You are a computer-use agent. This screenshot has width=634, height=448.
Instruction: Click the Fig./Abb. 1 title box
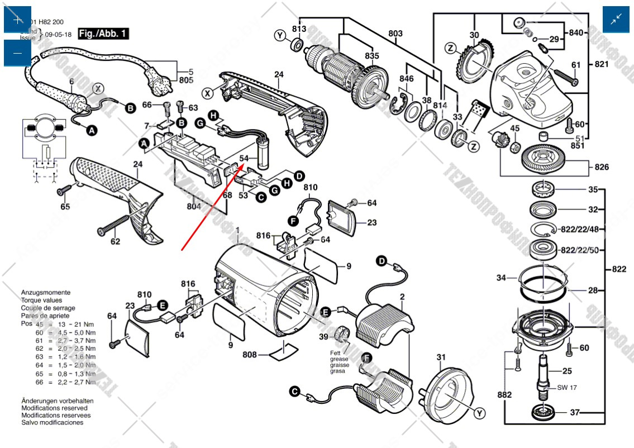[103, 34]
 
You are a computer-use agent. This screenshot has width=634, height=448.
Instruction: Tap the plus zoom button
[17, 20]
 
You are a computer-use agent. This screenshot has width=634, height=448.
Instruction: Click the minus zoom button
[17, 53]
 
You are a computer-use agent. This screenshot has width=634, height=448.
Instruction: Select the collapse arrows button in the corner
[616, 20]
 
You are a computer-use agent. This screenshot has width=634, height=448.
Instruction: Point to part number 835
[371, 56]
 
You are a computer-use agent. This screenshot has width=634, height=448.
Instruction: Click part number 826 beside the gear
[602, 167]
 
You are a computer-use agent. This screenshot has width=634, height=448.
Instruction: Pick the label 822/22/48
[579, 229]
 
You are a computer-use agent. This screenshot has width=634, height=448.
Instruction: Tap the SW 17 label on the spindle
[566, 388]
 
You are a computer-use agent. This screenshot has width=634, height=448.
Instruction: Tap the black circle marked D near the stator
[382, 260]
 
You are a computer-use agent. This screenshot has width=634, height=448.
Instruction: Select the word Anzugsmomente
[46, 292]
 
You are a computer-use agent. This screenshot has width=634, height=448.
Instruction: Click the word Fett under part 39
[335, 353]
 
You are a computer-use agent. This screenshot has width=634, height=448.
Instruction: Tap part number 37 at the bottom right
[575, 413]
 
